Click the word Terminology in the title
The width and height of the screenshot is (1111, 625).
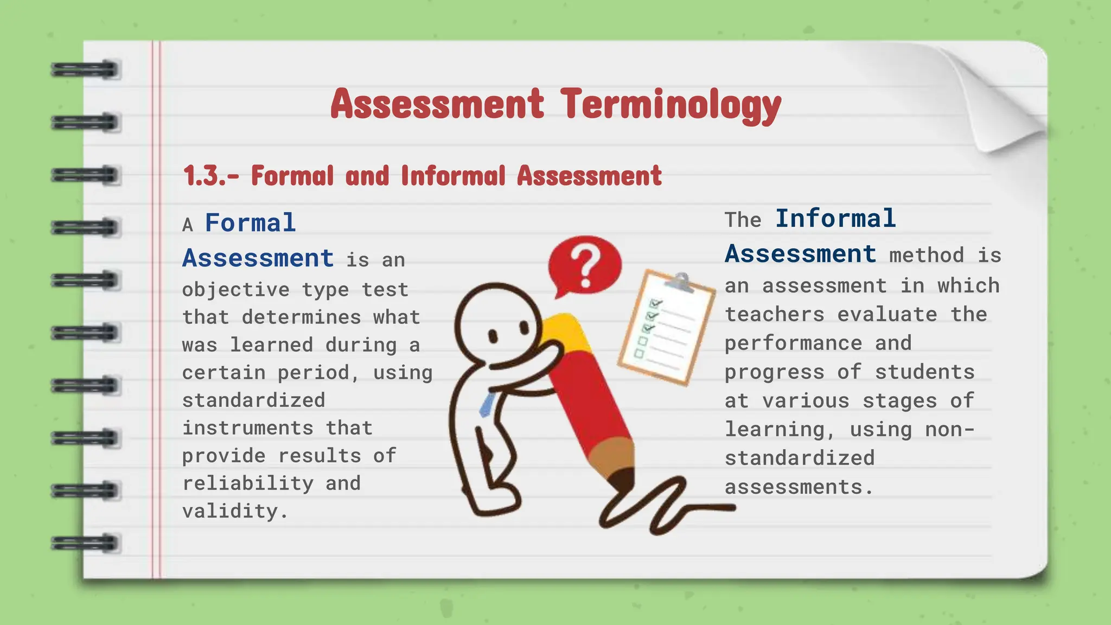(x=671, y=104)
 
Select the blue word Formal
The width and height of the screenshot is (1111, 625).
(x=250, y=223)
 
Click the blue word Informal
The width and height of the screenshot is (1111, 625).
(x=835, y=219)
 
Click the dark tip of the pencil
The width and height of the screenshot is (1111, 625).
(x=622, y=480)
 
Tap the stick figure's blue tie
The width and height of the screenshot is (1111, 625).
(x=487, y=404)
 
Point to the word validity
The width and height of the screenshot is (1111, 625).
(x=234, y=511)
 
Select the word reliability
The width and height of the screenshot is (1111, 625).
(x=247, y=483)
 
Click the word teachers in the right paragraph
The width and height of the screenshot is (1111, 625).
(x=775, y=314)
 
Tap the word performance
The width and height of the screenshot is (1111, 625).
(x=793, y=343)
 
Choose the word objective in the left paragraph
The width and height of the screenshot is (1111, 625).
(x=235, y=289)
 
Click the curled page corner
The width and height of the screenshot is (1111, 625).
(x=998, y=103)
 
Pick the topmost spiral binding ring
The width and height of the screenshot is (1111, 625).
(x=85, y=70)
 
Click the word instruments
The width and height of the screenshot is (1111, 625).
(x=247, y=428)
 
